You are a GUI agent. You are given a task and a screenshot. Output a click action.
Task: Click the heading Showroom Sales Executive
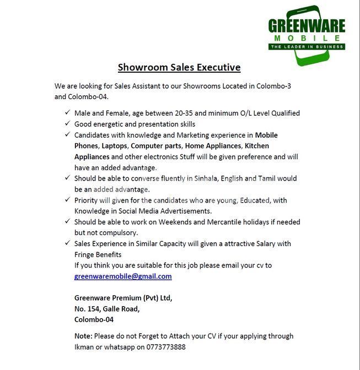pos(179,68)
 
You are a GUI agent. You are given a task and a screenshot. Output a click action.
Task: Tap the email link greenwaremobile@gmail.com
pos(123,276)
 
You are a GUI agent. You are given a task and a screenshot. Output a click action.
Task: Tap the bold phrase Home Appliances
pos(213,146)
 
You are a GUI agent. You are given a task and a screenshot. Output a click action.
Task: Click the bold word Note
pos(83,336)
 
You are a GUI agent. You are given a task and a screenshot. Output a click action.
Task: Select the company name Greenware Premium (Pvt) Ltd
pos(123,298)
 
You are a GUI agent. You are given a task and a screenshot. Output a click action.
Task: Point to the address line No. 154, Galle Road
pos(107,308)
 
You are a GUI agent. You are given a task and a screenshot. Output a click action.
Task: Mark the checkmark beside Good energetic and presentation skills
pos(67,124)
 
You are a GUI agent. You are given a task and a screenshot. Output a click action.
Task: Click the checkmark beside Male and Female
pos(67,113)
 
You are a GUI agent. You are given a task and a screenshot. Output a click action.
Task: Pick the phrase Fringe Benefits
pos(98,254)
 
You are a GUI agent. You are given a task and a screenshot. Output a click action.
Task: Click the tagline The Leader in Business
pos(307,47)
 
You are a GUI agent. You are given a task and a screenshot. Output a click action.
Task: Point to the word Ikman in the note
pos(84,347)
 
